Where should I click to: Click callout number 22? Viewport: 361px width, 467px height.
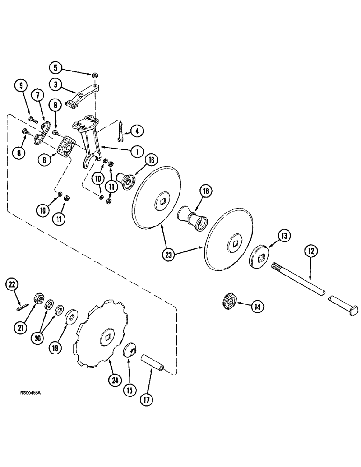pyautogui.click(x=13, y=283)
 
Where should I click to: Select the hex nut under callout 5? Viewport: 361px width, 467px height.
pyautogui.click(x=95, y=74)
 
